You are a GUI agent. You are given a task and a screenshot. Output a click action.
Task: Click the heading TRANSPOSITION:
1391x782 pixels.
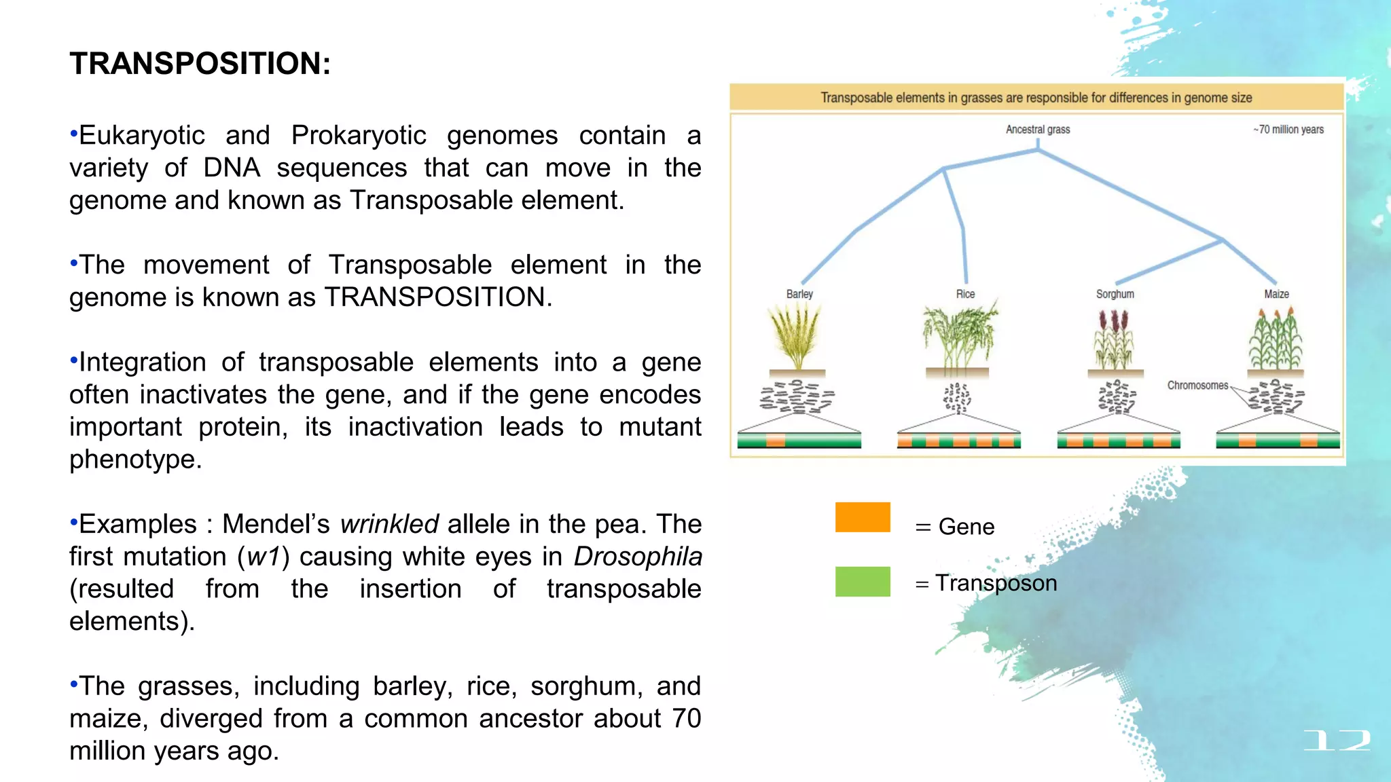point(200,64)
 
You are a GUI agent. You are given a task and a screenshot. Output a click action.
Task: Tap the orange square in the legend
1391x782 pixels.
point(863,517)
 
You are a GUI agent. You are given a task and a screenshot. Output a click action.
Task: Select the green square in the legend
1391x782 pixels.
point(863,582)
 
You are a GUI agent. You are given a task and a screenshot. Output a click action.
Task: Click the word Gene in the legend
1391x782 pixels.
point(966,527)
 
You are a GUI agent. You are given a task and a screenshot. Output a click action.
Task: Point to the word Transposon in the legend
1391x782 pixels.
point(996,583)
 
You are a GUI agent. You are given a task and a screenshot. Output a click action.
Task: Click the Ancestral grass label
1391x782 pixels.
point(1037,130)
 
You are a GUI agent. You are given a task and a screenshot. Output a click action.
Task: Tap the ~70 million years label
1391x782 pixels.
point(1288,130)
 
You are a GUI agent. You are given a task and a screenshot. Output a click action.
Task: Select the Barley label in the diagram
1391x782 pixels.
point(799,294)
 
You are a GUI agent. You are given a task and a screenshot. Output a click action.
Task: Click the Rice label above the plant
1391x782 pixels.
point(965,294)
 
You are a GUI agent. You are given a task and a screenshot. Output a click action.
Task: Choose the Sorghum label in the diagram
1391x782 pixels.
point(1115,294)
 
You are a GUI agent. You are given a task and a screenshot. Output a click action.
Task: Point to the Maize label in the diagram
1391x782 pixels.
point(1276,294)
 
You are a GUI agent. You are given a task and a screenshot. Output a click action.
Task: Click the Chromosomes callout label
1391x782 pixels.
point(1197,386)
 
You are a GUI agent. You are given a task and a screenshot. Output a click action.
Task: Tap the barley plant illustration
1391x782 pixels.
point(795,336)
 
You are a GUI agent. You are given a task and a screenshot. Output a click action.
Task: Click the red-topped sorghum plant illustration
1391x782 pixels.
point(1115,338)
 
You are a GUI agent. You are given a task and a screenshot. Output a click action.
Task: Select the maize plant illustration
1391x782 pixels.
point(1276,338)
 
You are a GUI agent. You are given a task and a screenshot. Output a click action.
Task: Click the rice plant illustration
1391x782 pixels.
point(958,336)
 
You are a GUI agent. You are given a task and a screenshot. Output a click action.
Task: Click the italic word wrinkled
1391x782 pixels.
point(389,524)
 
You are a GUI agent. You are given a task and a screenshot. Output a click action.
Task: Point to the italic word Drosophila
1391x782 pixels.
point(637,557)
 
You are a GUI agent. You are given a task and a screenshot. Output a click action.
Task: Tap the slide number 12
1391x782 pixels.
point(1336,740)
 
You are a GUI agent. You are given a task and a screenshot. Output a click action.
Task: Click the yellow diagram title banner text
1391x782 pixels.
point(1036,98)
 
